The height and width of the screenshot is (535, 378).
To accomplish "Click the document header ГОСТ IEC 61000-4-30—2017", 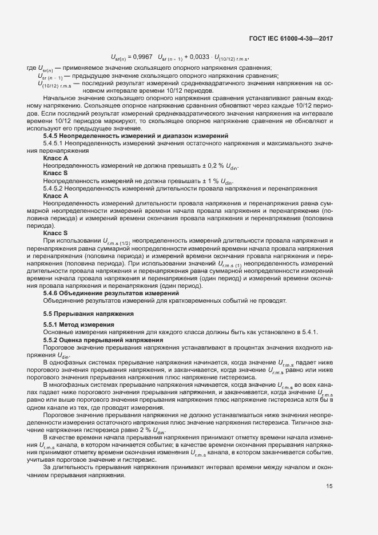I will click(x=291, y=39).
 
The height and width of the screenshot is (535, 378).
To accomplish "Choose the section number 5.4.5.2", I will click(x=54, y=188).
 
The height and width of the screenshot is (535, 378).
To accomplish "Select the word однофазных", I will click(x=70, y=362).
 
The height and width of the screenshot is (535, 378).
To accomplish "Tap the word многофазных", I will click(x=71, y=385).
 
